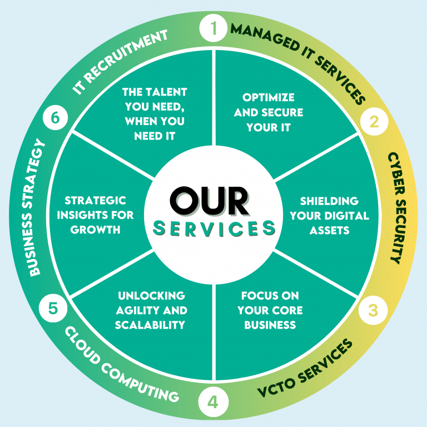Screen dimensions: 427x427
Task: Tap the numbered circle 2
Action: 374,121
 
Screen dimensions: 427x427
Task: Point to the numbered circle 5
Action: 53,308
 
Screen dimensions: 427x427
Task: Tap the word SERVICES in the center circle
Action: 214,228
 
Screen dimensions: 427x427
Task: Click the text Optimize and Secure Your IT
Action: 269,112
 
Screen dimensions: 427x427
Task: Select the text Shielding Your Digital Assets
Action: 329,215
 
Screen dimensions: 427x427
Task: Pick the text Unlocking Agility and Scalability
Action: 151,310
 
